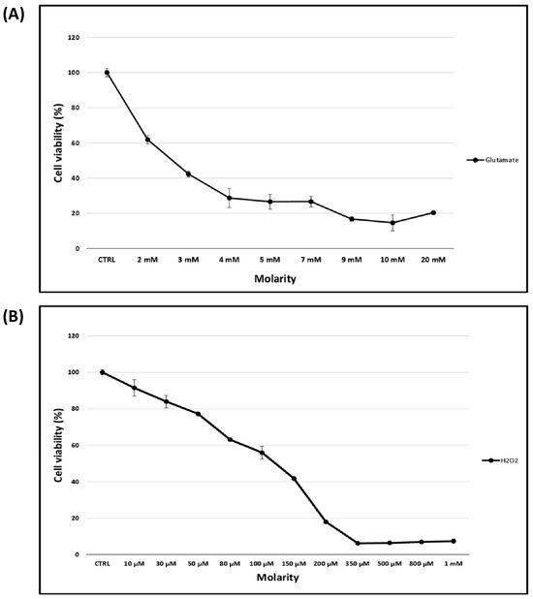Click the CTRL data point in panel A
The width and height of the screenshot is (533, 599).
[107, 72]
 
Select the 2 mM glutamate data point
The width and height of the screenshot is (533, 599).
[147, 140]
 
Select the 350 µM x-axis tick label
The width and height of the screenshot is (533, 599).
[358, 563]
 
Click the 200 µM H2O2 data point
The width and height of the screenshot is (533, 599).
[326, 521]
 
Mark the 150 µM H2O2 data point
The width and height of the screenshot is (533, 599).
[294, 479]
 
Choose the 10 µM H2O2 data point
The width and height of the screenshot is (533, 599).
[134, 388]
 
